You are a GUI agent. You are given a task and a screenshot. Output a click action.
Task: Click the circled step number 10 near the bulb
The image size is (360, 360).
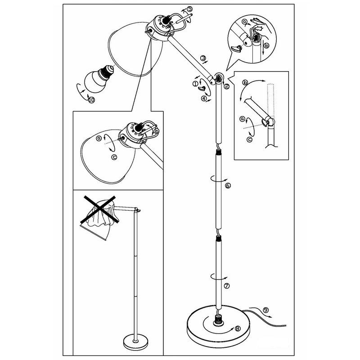point(92,101)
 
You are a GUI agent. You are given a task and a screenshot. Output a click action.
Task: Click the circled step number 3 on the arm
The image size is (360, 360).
point(203,58)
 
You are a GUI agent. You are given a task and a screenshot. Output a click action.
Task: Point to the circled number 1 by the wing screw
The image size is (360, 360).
point(195,83)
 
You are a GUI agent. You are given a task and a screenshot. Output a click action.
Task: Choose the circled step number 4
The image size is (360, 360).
point(204,98)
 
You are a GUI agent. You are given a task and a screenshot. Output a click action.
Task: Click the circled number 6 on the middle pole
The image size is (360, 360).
point(228,185)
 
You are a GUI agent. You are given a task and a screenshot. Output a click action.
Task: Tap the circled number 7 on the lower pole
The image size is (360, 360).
point(227,285)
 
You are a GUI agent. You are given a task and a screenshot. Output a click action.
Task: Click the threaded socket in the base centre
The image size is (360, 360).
point(219,321)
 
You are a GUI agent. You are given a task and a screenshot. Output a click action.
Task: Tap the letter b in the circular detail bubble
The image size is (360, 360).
point(267,45)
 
